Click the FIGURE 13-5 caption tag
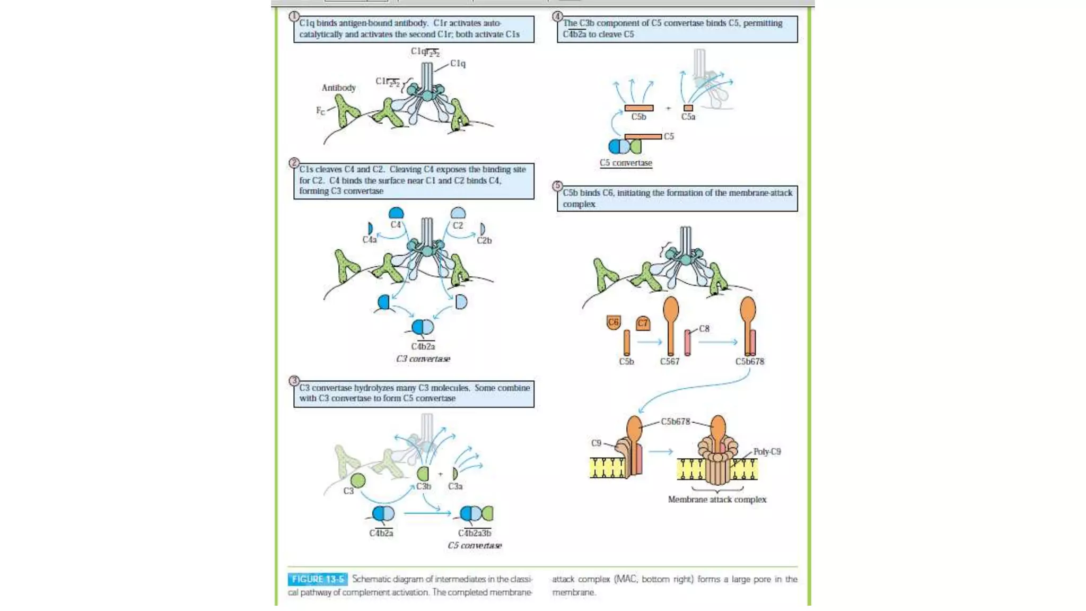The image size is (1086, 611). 318,579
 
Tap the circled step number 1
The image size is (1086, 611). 294,16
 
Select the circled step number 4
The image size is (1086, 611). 557,16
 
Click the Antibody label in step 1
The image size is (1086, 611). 338,88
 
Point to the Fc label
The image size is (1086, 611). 320,110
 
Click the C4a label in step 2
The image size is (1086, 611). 369,240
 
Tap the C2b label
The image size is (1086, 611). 484,240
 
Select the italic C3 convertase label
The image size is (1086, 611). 423,359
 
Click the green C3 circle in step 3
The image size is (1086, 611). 358,481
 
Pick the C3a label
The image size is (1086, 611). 455,486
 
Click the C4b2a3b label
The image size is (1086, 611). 475,533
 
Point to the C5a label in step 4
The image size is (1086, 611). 688,117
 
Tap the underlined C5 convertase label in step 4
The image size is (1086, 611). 626,163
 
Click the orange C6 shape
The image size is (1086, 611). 614,322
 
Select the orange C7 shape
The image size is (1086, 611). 643,323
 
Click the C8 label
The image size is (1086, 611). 704,329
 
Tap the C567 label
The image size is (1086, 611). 669,362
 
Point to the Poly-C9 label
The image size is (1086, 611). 767,452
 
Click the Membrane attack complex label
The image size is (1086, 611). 717,500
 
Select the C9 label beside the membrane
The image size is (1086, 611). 596,443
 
